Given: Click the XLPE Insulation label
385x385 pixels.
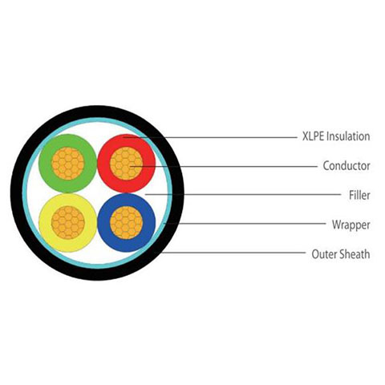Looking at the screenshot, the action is tap(336, 136).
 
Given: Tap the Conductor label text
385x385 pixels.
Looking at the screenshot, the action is tap(346, 166).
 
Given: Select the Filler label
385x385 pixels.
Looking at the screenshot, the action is tap(359, 195).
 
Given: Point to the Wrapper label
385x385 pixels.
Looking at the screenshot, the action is tap(351, 225).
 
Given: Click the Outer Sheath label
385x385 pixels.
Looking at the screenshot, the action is tap(341, 253).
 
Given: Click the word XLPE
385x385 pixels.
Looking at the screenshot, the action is tap(314, 136).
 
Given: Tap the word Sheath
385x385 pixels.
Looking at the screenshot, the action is tap(355, 253).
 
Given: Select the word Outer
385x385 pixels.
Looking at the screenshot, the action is tap(325, 254).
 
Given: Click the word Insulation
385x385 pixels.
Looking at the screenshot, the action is tap(349, 136).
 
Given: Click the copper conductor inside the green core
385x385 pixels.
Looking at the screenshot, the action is tap(68, 164).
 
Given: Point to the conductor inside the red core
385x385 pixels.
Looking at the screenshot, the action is tap(127, 164).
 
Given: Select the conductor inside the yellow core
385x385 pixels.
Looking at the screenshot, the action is tap(68, 223).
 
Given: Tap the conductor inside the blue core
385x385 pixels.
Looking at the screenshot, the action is tap(127, 223).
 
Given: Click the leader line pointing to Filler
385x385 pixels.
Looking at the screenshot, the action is tap(243, 194).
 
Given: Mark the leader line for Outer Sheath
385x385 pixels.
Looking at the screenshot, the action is tap(230, 253).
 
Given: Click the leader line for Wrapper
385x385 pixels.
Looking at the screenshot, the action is tap(245, 223).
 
